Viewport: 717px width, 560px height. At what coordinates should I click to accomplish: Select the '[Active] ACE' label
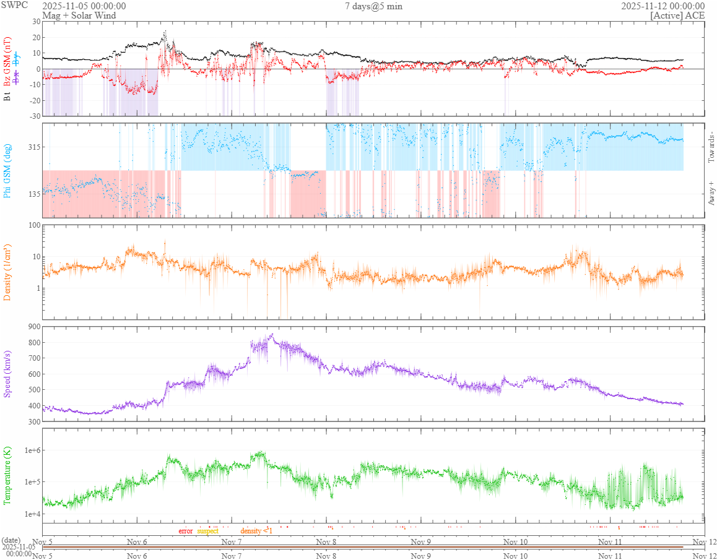point(677,15)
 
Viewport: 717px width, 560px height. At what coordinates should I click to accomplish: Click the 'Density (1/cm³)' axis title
point(7,272)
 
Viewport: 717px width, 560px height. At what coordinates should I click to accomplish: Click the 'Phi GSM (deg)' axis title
point(7,170)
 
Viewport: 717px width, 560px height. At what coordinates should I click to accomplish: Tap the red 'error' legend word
point(186,531)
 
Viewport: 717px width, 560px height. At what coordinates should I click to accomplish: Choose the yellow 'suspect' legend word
point(207,531)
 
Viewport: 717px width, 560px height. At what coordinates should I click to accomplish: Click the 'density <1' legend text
point(256,531)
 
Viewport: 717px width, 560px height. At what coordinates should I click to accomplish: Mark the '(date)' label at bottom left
point(12,540)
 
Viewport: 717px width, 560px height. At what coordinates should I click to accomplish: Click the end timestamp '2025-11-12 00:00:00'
point(663,6)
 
